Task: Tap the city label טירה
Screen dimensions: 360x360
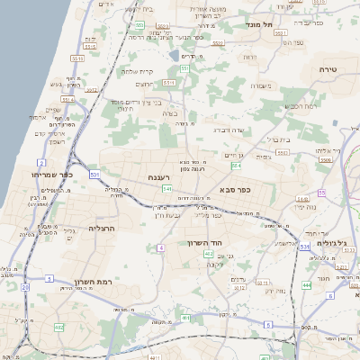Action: pos(328,68)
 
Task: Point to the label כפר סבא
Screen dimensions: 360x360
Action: pos(235,191)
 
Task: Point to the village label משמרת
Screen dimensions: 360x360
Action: pos(260,86)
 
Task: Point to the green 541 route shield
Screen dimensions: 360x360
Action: pos(167,189)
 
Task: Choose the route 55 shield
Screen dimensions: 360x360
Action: pos(321,193)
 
